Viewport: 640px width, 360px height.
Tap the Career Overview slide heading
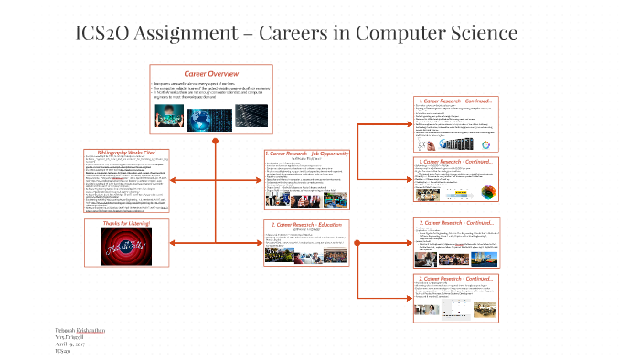tap(211, 73)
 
